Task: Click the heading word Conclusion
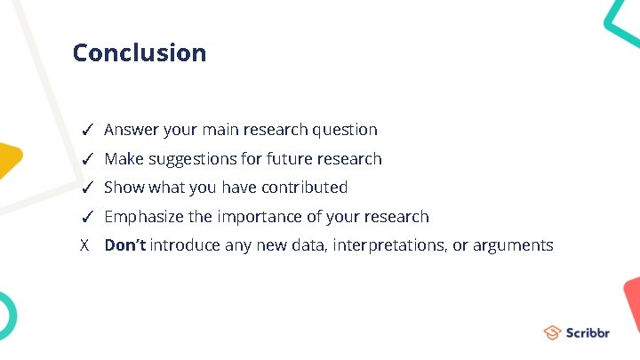click(x=140, y=52)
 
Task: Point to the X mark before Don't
click(x=84, y=245)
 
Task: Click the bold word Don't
click(x=125, y=245)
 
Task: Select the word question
click(x=345, y=130)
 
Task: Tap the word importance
click(x=253, y=217)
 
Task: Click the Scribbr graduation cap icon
click(x=552, y=332)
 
